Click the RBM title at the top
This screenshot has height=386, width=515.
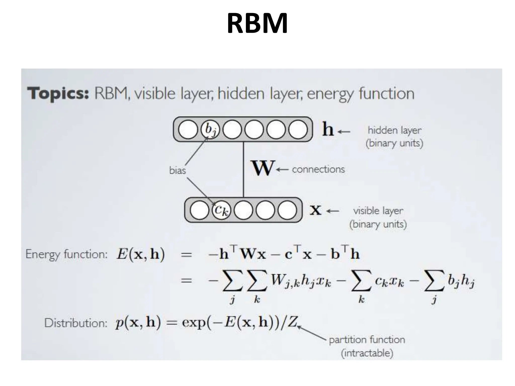pyautogui.click(x=257, y=23)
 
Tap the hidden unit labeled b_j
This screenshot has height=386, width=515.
pyautogui.click(x=210, y=129)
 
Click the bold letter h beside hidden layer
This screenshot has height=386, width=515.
pyautogui.click(x=328, y=129)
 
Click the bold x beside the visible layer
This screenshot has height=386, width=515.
pyautogui.click(x=315, y=210)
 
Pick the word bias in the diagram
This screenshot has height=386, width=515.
pyautogui.click(x=178, y=170)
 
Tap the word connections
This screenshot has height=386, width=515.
pyautogui.click(x=318, y=169)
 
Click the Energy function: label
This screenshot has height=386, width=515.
pyautogui.click(x=66, y=254)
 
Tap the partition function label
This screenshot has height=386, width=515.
pyautogui.click(x=367, y=340)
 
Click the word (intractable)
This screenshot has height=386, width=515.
pyautogui.click(x=367, y=353)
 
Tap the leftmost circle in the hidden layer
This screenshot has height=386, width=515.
pyautogui.click(x=188, y=129)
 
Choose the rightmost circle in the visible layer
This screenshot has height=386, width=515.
pyautogui.click(x=287, y=210)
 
